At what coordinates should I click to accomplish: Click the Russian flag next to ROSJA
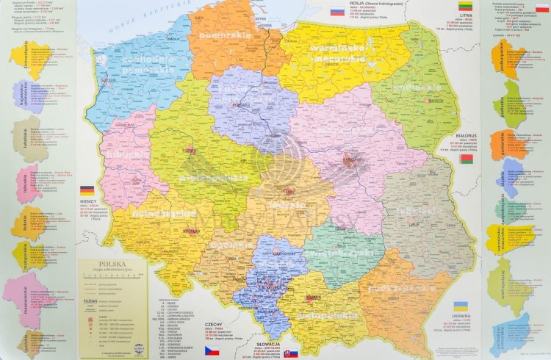pos(337,12)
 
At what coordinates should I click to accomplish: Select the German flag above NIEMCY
pos(87,190)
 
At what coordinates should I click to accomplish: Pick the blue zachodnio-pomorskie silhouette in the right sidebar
pos(516,334)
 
